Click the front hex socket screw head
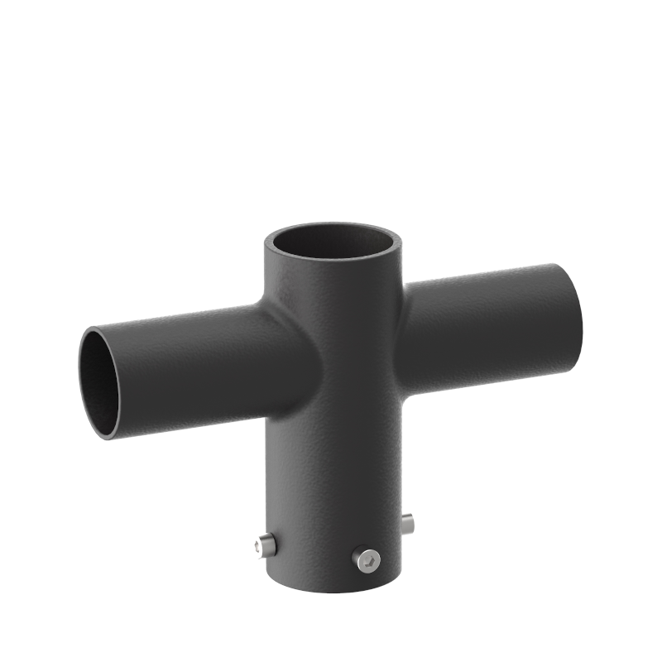pyautogui.click(x=367, y=559)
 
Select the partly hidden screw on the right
pyautogui.click(x=407, y=522)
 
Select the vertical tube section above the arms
pyautogui.click(x=331, y=290)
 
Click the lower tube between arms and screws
pyautogui.click(x=331, y=480)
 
